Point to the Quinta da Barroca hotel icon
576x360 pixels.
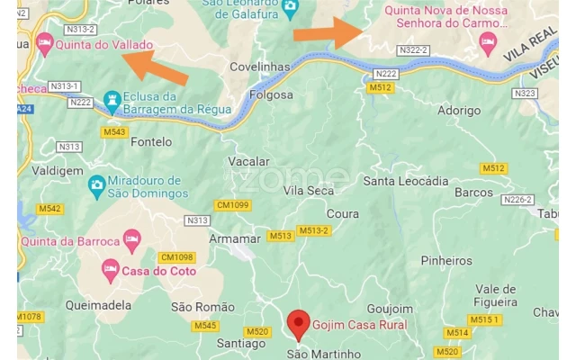132,240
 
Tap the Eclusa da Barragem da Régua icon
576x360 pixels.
112,99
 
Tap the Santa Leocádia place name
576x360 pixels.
405,181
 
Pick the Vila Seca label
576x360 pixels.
309,191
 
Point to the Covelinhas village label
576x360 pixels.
260,67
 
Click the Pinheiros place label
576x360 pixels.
446,261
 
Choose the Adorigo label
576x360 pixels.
458,110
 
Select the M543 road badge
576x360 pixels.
114,132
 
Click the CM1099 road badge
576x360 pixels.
233,205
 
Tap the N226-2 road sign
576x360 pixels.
517,200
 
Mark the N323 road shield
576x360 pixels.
525,94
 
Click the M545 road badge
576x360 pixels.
205,326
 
